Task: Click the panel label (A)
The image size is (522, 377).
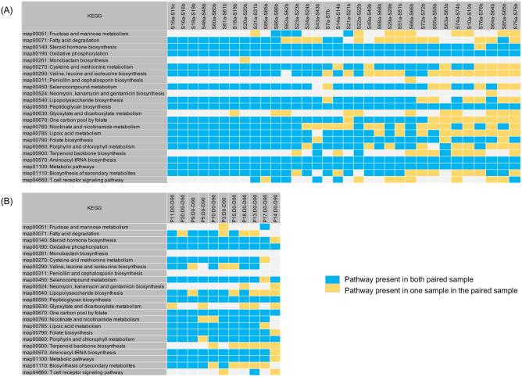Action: tap(9, 6)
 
